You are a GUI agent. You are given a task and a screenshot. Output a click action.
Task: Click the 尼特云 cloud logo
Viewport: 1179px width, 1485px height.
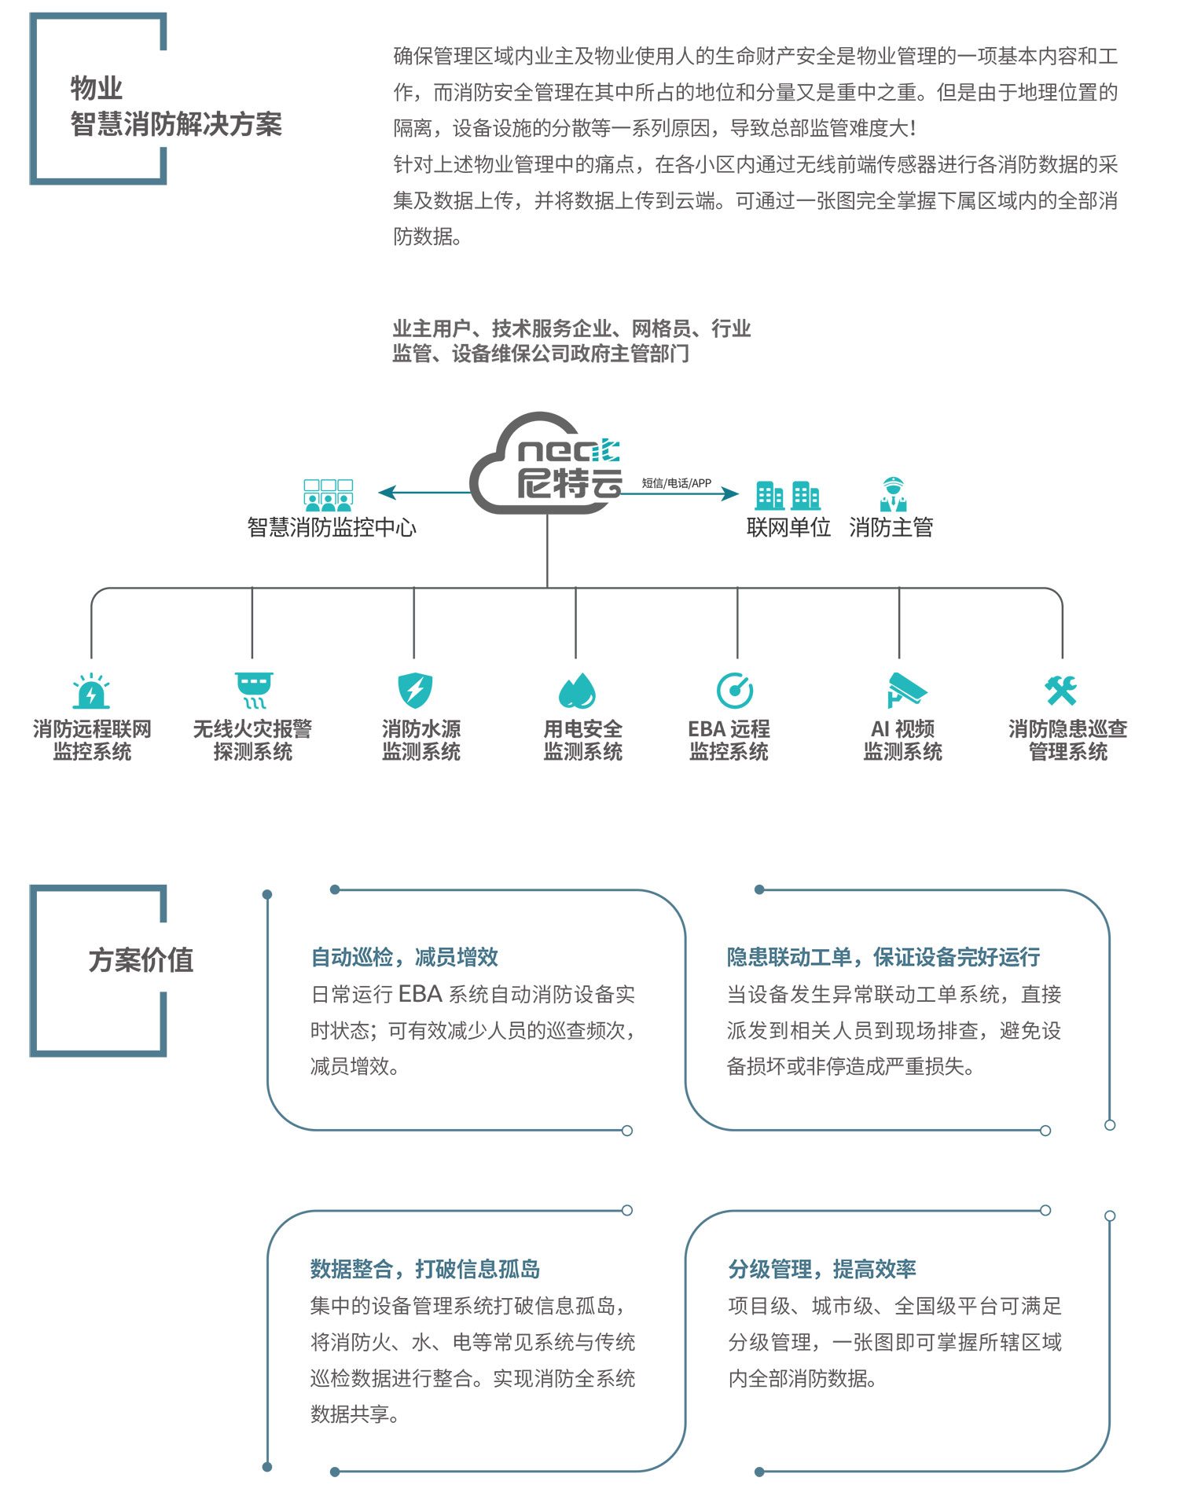pyautogui.click(x=547, y=464)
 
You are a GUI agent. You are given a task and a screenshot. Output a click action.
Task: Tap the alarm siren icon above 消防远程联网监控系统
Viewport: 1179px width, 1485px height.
pyautogui.click(x=91, y=691)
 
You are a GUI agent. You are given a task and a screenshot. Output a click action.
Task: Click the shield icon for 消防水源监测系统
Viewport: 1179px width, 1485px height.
pyautogui.click(x=415, y=691)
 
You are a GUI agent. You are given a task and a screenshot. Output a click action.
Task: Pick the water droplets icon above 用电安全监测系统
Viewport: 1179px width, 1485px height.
pyautogui.click(x=577, y=691)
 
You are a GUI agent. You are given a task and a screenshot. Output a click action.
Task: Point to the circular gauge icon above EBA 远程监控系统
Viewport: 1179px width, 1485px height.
pyautogui.click(x=735, y=691)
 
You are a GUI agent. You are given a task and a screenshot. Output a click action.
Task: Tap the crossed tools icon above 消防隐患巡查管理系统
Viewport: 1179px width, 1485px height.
pyautogui.click(x=1061, y=691)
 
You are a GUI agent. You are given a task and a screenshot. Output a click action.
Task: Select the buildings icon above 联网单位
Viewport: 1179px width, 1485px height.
pyautogui.click(x=788, y=496)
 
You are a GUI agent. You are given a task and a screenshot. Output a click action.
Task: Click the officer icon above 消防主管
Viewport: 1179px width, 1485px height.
pyautogui.click(x=893, y=494)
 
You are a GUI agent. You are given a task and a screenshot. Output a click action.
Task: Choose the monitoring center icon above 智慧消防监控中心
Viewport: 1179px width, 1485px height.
pyautogui.click(x=329, y=496)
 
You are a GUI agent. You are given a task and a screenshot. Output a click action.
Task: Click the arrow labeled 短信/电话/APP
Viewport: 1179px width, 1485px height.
pyautogui.click(x=681, y=493)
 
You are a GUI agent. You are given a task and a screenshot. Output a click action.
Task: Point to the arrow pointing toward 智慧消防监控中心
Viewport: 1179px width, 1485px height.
pyautogui.click(x=425, y=493)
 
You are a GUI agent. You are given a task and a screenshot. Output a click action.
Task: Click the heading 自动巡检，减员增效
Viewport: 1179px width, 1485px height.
pyautogui.click(x=405, y=957)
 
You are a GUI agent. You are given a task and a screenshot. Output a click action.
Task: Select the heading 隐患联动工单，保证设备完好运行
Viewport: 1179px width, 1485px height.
pyautogui.click(x=883, y=957)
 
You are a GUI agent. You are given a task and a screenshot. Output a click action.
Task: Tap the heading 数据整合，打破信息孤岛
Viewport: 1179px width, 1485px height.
pyautogui.click(x=425, y=1269)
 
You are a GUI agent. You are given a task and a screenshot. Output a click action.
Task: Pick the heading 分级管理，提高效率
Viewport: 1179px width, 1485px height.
pyautogui.click(x=822, y=1269)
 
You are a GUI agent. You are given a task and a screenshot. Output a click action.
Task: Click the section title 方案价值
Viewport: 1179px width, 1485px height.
pyautogui.click(x=141, y=960)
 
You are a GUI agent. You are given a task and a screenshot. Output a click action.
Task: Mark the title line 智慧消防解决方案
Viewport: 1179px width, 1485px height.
pyautogui.click(x=176, y=124)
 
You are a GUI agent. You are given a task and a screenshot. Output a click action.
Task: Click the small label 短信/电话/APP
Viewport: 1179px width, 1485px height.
pyautogui.click(x=677, y=482)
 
